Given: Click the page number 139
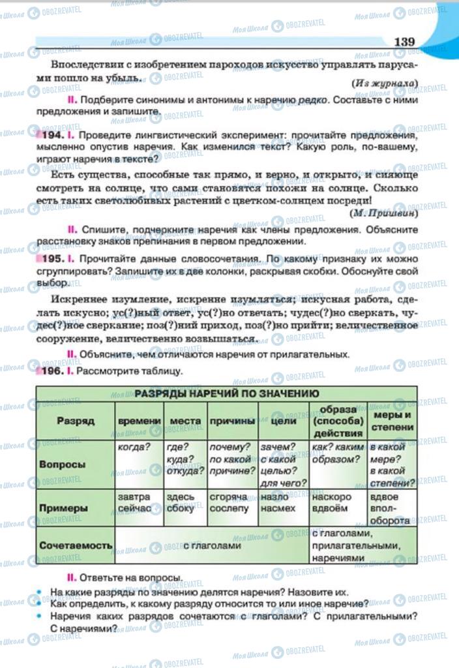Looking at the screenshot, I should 404,41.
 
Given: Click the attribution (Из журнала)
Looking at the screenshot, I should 385,83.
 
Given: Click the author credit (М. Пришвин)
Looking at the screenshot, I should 384,213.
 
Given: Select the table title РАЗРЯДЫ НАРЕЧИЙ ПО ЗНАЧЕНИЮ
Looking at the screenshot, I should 227,393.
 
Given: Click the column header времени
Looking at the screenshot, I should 139,421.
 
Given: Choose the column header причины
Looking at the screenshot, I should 231,421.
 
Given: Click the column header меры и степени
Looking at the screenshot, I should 391,421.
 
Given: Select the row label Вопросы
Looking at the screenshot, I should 63,464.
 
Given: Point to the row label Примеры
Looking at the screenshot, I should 63,508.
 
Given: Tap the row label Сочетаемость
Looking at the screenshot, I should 75,545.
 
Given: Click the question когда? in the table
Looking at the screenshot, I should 134,447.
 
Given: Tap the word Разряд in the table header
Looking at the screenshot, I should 75,421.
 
